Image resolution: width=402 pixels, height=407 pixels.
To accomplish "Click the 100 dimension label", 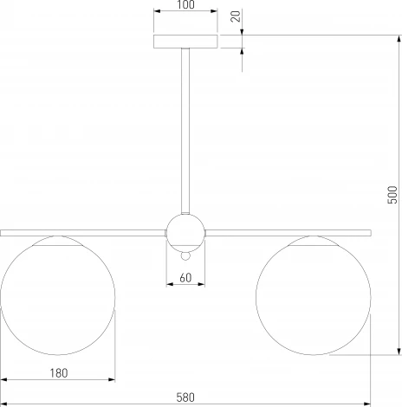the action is tap(186, 4).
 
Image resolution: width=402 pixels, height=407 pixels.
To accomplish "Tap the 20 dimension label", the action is tap(236, 16).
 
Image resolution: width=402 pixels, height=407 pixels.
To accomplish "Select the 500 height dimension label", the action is tap(392, 195).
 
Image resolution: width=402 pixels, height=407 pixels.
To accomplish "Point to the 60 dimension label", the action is tap(185, 278).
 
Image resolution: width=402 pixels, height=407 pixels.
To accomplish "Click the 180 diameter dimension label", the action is tap(59, 373).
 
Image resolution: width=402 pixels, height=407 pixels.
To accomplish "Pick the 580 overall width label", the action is tap(185, 397).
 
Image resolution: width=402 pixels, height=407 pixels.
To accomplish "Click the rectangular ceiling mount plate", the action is tap(185, 42).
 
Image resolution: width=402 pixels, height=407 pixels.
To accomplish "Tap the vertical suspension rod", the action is tap(185, 131).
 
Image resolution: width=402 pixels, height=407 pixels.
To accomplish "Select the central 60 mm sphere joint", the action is tap(185, 233).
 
